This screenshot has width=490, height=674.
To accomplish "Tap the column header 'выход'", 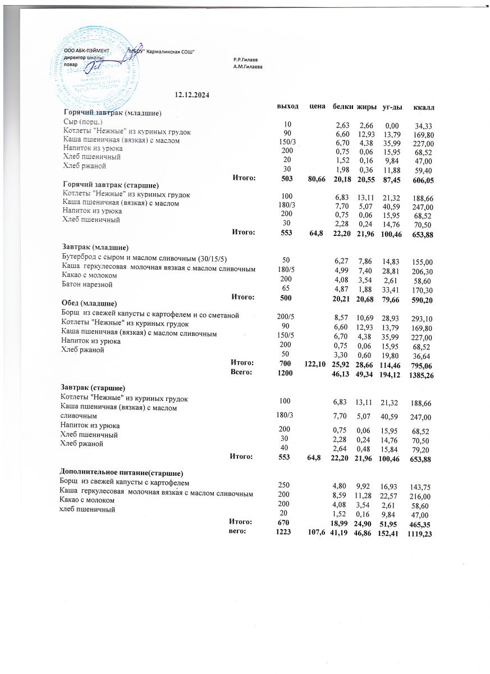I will coord(288,106).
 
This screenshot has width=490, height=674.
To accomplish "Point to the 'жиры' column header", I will coord(366,106).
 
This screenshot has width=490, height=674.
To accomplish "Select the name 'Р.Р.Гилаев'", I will coord(246,59).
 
